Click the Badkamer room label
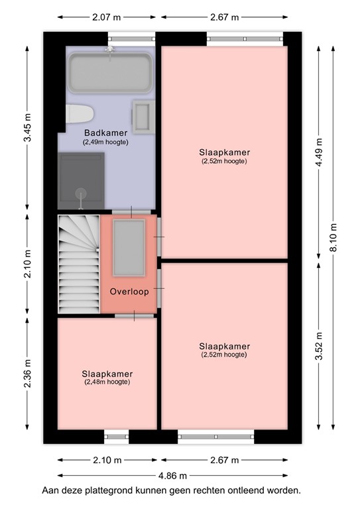pos(105,133)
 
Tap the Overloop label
pos(129,292)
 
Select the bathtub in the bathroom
pos(110,72)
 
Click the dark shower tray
pos(81,178)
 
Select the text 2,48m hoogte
pos(107,382)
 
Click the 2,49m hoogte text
pos(105,142)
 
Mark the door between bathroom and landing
pos(130,211)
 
